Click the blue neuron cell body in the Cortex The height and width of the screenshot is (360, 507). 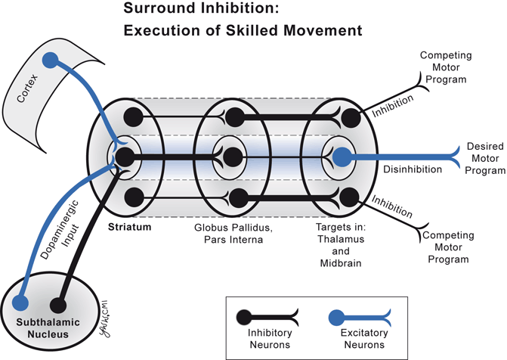coord(50,59)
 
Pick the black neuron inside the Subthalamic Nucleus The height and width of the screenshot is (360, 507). coord(57,306)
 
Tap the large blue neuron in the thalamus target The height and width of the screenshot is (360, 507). coord(342,157)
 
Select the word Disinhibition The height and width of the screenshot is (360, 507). coord(413,169)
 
